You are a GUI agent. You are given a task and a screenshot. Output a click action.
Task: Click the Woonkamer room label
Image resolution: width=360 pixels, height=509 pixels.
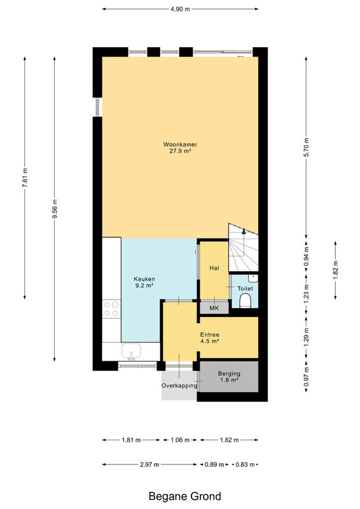coord(180,144)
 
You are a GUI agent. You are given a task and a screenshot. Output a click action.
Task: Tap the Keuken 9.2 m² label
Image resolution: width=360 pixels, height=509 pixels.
coord(144,282)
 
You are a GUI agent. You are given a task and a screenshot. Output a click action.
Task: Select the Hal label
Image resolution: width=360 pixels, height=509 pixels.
coord(214,268)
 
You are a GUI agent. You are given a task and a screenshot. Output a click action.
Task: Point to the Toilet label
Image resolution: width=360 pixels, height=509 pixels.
coord(245,288)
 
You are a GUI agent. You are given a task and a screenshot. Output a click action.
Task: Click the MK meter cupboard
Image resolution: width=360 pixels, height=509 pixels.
coord(214,308)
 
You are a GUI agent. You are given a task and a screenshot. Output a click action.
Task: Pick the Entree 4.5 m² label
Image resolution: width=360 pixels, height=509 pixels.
coord(210,338)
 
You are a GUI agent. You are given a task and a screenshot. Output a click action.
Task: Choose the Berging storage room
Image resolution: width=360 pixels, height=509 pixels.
coord(229,377)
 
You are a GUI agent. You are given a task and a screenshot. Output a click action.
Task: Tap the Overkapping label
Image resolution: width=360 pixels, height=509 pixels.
coord(179,386)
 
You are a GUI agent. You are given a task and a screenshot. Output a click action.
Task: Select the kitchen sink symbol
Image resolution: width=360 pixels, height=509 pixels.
coord(131,352)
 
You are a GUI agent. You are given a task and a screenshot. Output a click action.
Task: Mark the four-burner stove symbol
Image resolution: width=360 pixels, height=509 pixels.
coord(111,309)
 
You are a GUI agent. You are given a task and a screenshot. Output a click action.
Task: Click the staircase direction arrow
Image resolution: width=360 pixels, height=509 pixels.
coord(244,231)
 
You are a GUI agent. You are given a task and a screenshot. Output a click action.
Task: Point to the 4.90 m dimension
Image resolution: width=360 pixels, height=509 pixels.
coord(180,9)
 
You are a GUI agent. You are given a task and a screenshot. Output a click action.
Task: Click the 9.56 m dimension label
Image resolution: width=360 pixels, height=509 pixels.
coord(55,209)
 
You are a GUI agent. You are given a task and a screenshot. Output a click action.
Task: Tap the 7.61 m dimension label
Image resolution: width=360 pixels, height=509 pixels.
coord(25,178)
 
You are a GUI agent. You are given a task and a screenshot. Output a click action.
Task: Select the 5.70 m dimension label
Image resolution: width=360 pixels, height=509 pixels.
coord(306,147)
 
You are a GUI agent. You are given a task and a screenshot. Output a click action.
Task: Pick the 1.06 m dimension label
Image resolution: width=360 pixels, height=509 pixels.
coord(180,440)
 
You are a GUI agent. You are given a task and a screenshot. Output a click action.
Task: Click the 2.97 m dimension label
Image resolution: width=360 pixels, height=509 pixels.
coord(149,464)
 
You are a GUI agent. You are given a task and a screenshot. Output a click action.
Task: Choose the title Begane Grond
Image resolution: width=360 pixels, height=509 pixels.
coord(184,496)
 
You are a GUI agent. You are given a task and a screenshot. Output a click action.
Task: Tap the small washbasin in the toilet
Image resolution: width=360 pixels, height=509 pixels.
coord(253,278)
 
